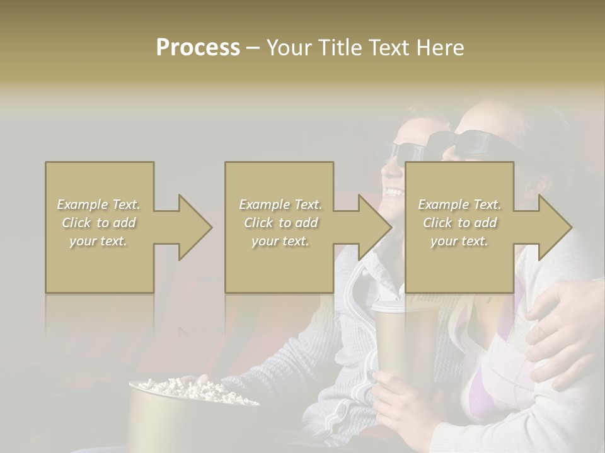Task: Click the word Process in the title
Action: [198, 48]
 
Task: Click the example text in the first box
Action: [99, 223]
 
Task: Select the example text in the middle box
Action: [280, 223]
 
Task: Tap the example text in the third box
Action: [459, 223]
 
